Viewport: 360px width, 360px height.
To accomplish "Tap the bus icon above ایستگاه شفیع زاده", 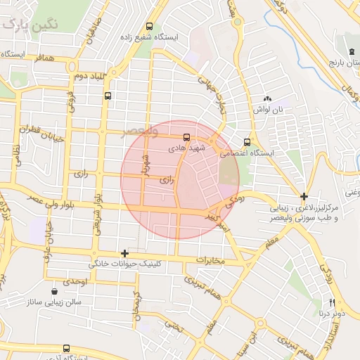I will tap(167, 22).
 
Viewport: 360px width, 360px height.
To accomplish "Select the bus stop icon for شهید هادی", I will tap(186, 137).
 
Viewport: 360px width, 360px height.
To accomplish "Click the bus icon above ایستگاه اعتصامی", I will tap(246, 141).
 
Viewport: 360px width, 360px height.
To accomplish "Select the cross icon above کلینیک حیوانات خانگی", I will tap(124, 253).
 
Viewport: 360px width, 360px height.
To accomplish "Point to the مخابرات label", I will tap(210, 261).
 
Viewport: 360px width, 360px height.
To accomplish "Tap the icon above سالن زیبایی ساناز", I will tap(55, 291).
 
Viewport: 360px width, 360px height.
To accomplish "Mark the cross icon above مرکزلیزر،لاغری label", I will tap(304, 196).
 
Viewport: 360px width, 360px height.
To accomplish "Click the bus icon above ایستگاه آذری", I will tap(66, 348).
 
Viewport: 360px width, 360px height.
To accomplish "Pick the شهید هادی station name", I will tap(186, 149).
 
